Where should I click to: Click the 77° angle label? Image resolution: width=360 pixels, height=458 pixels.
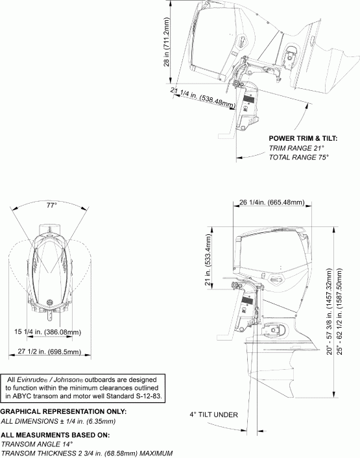click(x=52, y=205)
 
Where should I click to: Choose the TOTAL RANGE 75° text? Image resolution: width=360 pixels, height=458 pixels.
click(x=298, y=158)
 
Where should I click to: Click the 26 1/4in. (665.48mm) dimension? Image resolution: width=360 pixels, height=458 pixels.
click(x=271, y=202)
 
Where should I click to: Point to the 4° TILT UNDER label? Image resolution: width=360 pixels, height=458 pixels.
click(x=214, y=415)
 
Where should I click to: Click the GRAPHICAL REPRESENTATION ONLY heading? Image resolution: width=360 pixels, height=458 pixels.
click(x=64, y=412)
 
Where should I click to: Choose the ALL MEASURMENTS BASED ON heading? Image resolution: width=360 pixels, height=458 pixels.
click(x=54, y=435)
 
